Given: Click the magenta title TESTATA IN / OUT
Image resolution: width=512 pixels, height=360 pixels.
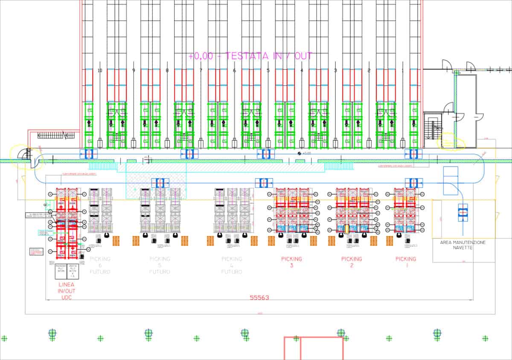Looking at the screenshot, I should [x=250, y=56].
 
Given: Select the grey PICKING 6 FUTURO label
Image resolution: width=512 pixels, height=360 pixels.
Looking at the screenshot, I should [x=100, y=265].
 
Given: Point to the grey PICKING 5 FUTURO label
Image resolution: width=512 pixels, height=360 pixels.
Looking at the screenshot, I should [x=160, y=265].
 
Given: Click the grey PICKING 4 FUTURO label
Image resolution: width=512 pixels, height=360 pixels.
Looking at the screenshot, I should [x=232, y=265].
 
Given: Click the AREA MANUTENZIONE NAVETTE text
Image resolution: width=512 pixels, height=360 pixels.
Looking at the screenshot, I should [x=463, y=245].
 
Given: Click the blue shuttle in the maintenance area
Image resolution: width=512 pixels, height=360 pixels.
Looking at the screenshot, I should [x=463, y=212].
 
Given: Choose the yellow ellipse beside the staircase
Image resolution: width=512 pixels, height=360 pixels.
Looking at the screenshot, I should [x=451, y=142].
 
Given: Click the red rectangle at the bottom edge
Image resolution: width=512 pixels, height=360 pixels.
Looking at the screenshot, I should [x=314, y=348].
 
